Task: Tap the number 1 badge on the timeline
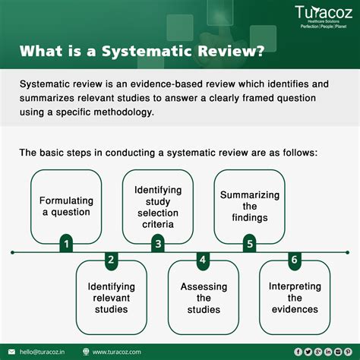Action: [x=67, y=244]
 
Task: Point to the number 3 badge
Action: [x=157, y=244]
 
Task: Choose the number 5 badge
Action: [x=248, y=244]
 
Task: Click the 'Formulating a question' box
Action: [x=67, y=205]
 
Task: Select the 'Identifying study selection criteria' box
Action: [x=158, y=205]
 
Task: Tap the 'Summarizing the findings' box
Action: [x=249, y=205]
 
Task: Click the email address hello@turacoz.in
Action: [x=45, y=351]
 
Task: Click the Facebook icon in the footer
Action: [x=298, y=351]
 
